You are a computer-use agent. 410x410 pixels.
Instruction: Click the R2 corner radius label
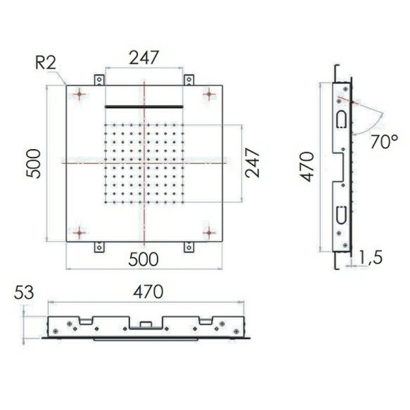46,62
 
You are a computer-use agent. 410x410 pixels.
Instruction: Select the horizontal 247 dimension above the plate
144,57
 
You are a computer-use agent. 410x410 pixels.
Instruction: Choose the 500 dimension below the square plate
144,259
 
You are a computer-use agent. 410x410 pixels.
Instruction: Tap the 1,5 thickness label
370,257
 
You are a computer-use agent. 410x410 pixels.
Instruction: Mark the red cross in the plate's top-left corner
79,93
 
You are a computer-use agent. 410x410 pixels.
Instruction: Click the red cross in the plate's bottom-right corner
209,232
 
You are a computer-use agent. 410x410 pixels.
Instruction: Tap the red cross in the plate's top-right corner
209,93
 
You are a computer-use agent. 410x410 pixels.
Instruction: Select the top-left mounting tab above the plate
99,80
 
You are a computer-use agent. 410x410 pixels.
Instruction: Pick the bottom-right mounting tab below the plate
189,247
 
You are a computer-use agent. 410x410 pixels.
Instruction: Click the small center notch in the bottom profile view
146,325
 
